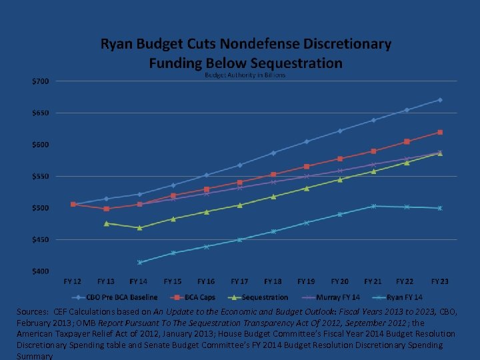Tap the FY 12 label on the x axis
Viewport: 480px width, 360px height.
pos(73,282)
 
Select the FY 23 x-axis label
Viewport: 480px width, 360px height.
pos(439,282)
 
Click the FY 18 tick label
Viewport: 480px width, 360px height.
pos(273,282)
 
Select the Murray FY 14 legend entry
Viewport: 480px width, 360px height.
pos(335,297)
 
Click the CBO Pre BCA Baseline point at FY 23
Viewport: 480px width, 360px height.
pos(440,100)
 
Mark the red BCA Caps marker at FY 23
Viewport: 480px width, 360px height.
pos(440,132)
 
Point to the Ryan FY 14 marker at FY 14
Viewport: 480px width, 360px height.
pos(140,263)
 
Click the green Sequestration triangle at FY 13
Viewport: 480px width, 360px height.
pos(107,223)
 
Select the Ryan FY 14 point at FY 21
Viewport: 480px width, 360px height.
pos(373,206)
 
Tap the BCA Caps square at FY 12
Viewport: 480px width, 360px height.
pos(73,204)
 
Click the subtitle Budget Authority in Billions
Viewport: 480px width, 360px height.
pos(245,75)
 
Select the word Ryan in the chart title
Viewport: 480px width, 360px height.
pos(117,45)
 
